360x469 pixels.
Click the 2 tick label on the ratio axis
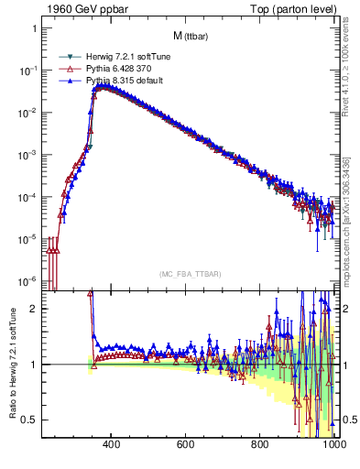click(34, 309)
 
